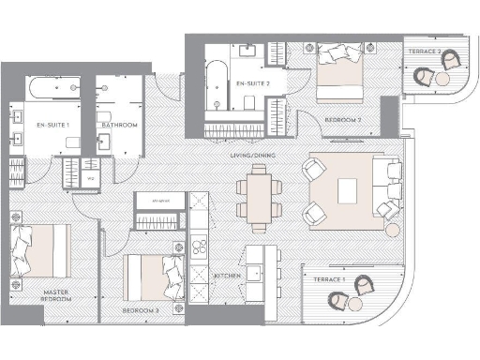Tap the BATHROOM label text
119,125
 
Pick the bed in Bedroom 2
338,73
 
